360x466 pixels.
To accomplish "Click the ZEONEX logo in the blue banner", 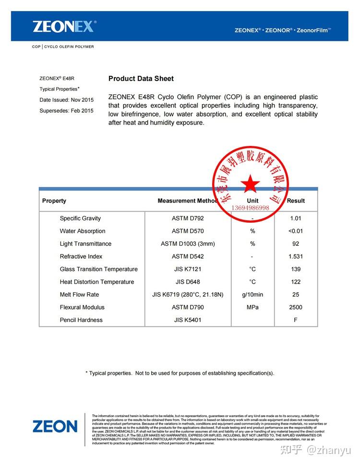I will coord(64,26).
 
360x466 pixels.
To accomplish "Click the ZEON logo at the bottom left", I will coord(55,426).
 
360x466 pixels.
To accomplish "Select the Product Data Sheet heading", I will coord(141,79).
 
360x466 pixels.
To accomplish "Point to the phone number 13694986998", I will coord(250,208).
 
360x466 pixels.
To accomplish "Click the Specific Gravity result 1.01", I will coord(296,218).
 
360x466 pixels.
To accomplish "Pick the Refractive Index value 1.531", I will coord(296,257).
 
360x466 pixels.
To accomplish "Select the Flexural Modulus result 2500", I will coord(296,308).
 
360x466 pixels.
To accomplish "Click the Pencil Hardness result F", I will coord(296,320).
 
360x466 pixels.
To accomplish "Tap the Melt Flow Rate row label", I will coord(79,295).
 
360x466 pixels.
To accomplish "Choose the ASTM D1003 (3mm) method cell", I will coord(188,244).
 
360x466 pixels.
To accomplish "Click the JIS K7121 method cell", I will coord(188,269).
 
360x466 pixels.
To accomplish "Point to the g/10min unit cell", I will coord(252,295).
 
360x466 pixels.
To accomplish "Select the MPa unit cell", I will coord(252,308).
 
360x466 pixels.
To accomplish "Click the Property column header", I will coord(54,201).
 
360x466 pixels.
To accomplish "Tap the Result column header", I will coord(296,201).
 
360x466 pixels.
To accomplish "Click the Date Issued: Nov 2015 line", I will coord(66,100).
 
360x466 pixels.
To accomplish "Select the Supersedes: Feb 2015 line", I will coord(66,111).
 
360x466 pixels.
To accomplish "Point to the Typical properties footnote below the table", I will coord(180,373).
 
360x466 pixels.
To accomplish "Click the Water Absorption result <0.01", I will coord(296,231).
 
